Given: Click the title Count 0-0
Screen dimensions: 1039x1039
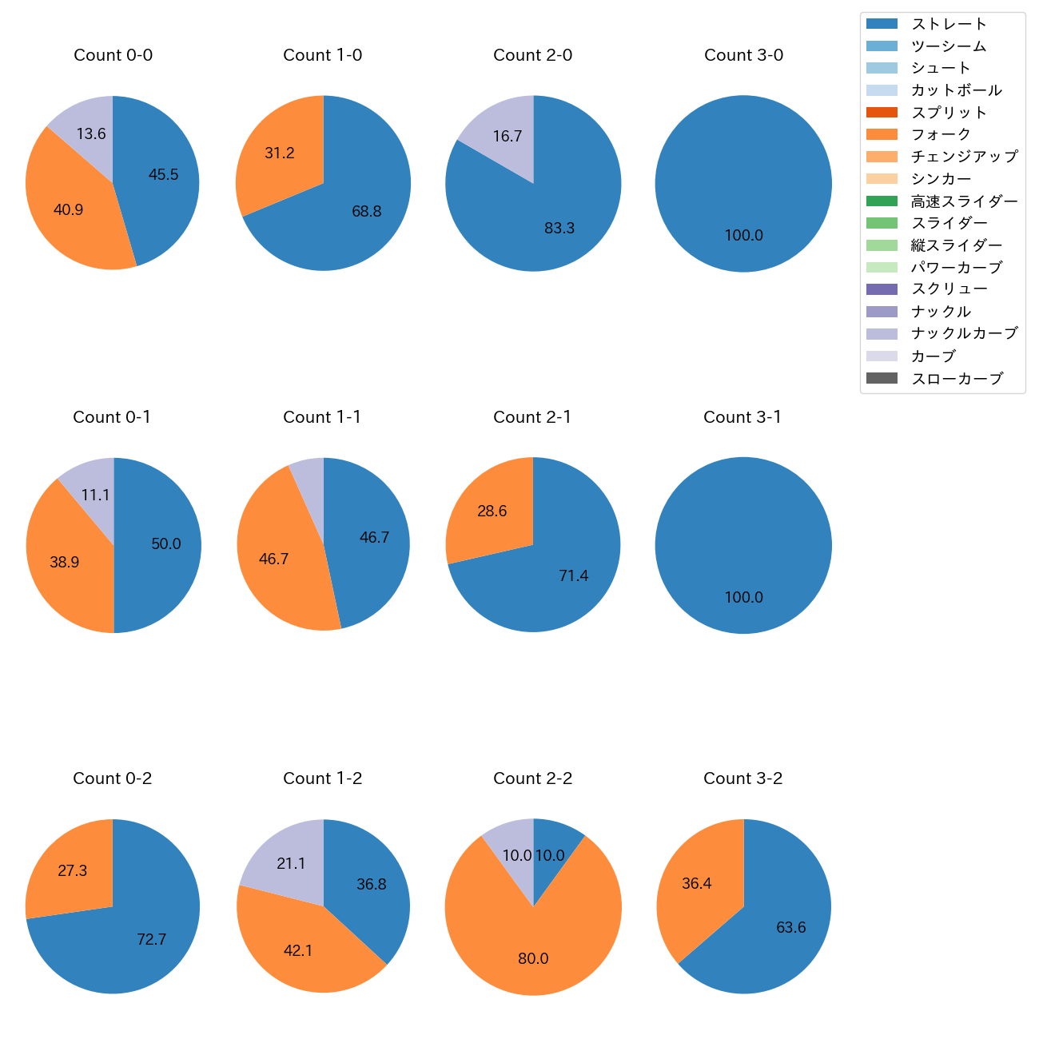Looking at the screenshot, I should click(113, 55).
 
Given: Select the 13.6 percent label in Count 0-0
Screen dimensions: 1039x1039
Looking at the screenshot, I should click(91, 134).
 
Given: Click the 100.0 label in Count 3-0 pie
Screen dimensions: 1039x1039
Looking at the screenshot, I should click(743, 236).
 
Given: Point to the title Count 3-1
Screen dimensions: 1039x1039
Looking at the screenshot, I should click(742, 417).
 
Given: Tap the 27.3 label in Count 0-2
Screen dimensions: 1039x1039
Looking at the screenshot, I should click(73, 871).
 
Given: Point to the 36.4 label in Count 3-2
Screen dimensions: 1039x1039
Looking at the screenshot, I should click(697, 884).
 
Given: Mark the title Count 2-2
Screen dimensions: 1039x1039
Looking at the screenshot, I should click(533, 778).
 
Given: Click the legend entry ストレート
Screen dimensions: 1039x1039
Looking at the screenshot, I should click(949, 24).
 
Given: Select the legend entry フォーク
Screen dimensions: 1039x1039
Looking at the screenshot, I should click(941, 134).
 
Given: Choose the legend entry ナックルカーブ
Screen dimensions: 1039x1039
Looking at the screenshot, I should click(964, 333).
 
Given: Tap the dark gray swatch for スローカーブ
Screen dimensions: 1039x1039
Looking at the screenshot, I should click(882, 378).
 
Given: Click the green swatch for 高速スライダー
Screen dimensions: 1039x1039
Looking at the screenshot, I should click(882, 201).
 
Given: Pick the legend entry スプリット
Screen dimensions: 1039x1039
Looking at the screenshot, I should click(949, 113).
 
